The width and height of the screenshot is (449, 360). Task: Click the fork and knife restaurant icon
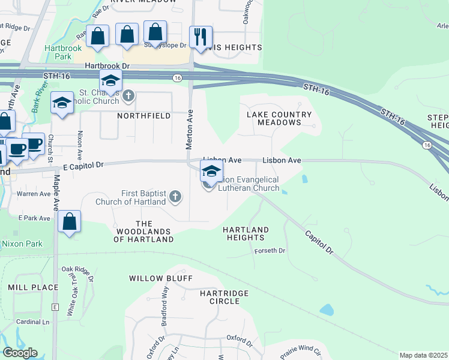pos(200,37)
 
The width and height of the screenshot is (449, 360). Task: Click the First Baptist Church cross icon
pos(175,196)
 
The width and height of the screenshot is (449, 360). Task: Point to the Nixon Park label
pos(22,244)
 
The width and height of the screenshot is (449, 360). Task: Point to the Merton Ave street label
pos(190,129)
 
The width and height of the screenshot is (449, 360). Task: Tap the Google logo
pos(20,352)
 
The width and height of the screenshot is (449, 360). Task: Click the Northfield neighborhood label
pos(143,115)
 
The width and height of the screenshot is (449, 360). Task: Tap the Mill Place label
pos(33,287)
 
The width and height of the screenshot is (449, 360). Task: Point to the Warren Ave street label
pos(34,194)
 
